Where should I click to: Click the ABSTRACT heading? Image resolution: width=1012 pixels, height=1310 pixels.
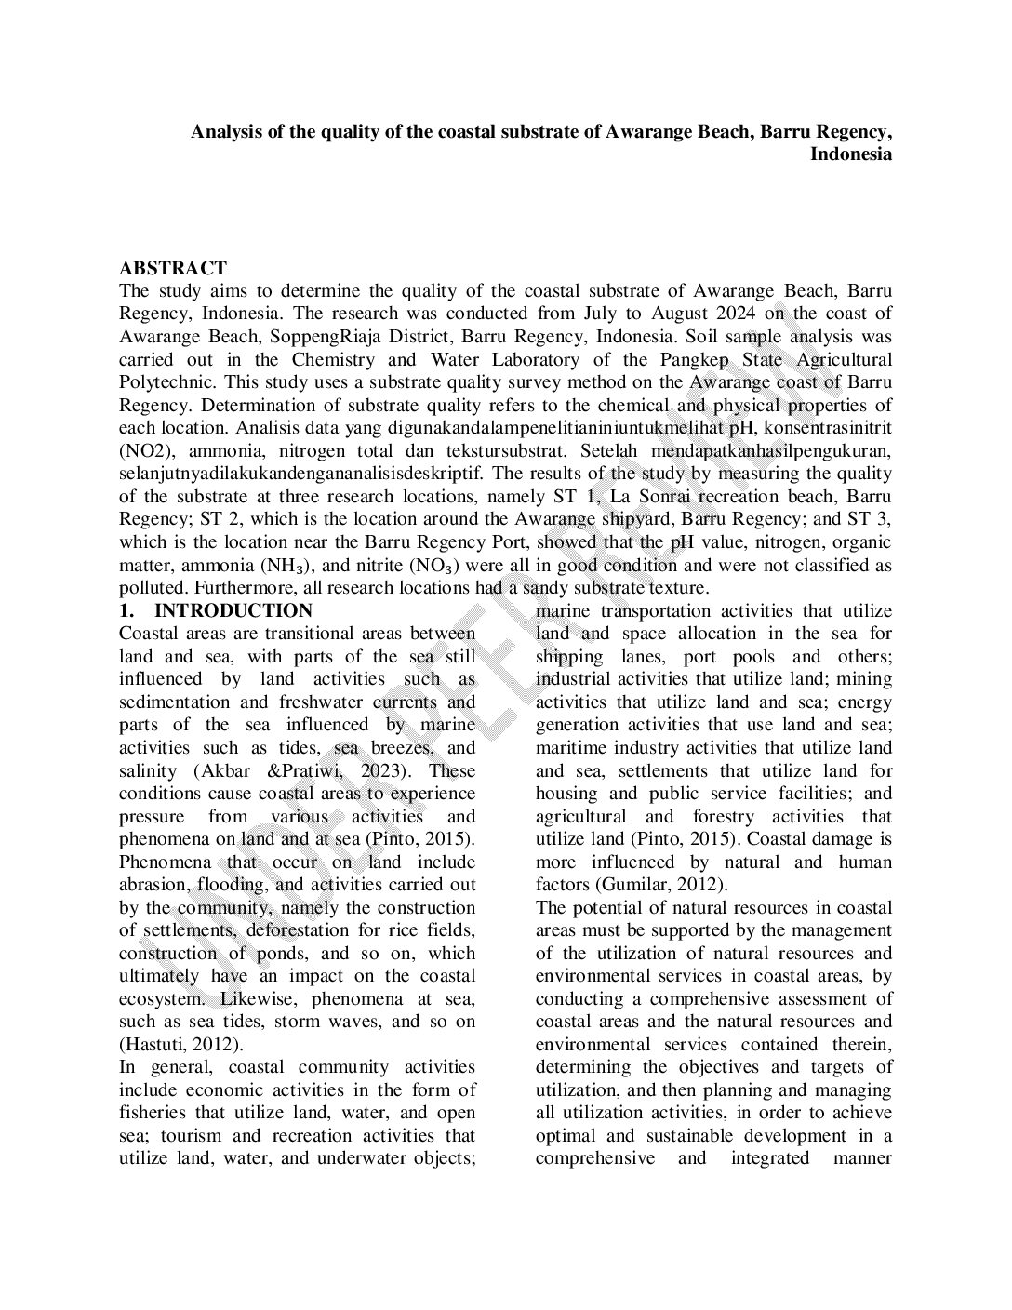click(x=173, y=269)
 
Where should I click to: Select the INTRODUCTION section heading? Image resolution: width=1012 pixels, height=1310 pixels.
click(x=233, y=611)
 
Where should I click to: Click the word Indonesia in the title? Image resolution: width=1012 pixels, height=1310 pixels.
click(x=850, y=154)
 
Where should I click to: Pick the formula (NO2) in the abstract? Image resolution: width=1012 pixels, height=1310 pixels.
click(x=145, y=451)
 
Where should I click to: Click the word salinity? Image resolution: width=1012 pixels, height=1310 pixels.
click(x=149, y=771)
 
